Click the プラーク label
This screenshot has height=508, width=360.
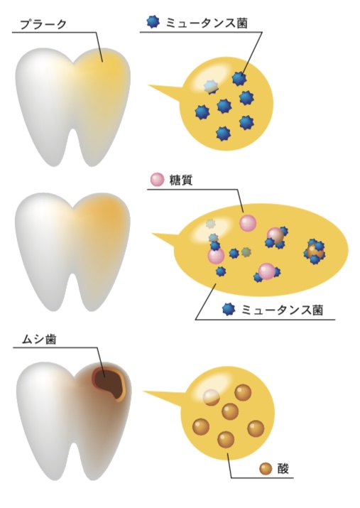tap(43, 24)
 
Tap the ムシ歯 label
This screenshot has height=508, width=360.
tap(39, 339)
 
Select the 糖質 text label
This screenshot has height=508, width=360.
tap(181, 180)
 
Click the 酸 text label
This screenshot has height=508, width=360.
tap(283, 469)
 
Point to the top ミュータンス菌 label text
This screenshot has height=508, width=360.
tap(207, 23)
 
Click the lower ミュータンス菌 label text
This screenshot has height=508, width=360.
tap(283, 310)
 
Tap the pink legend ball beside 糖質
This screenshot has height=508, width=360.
tap(158, 180)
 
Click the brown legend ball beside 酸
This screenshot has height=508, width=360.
tap(266, 468)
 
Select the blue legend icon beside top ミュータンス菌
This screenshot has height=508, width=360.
tap(153, 22)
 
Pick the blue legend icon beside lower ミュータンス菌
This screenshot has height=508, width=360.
tap(229, 309)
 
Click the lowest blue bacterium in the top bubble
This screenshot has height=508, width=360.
tap(223, 133)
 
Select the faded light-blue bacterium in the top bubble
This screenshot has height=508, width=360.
tap(211, 86)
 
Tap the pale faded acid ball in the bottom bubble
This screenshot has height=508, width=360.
tap(212, 397)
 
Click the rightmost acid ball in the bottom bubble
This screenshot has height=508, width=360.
tap(256, 428)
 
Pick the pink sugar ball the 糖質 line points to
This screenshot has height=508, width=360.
tap(248, 223)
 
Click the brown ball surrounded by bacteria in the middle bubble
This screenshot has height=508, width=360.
tap(313, 252)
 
